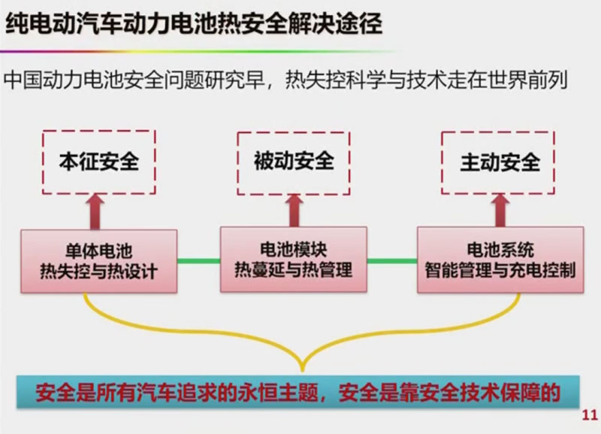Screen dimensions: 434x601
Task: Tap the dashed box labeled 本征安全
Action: pos(99,160)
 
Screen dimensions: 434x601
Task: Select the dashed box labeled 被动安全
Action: pos(293,160)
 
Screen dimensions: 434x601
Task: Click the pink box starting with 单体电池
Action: pos(98,260)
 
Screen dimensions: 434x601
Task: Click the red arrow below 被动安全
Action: pos(293,210)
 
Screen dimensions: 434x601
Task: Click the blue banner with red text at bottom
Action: pos(299,393)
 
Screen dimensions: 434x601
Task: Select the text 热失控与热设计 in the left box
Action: pos(98,271)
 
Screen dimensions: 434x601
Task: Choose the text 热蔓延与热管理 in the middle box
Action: pos(293,269)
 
